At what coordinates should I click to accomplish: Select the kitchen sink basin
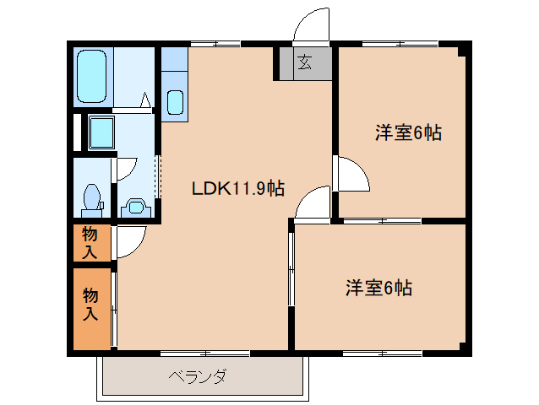pyautogui.click(x=175, y=102)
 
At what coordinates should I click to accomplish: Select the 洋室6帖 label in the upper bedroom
pyautogui.click(x=409, y=132)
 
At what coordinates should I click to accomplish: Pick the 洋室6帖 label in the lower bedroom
pyautogui.click(x=378, y=288)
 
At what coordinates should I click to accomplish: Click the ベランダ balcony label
pyautogui.click(x=197, y=376)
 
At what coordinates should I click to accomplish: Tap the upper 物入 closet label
pyautogui.click(x=90, y=242)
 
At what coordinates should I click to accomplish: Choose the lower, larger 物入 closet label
pyautogui.click(x=90, y=305)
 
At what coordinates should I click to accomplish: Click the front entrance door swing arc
pyautogui.click(x=312, y=24)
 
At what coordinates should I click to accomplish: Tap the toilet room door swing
pyautogui.click(x=124, y=166)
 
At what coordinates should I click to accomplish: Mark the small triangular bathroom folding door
pyautogui.click(x=145, y=100)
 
